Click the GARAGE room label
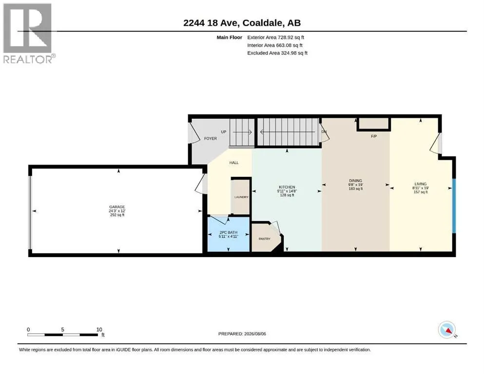(117, 207)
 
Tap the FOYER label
(211, 138)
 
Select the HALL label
(234, 163)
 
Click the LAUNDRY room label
(241, 197)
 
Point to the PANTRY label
(265, 239)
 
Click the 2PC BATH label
(229, 232)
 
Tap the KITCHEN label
(287, 187)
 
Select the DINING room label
(356, 181)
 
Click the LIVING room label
(421, 184)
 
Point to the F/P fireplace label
(374, 136)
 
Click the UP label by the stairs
(224, 131)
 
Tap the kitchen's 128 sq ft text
(287, 195)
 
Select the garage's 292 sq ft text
(117, 215)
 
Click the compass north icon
(447, 330)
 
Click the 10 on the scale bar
(99, 329)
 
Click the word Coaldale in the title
(262, 23)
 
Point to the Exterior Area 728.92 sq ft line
(276, 37)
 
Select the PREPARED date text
(242, 334)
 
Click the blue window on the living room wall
(454, 206)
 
